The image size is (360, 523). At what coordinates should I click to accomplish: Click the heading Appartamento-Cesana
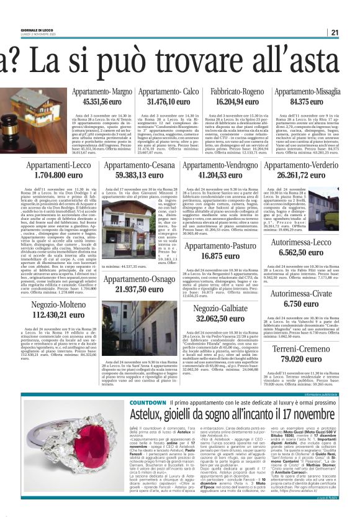140,166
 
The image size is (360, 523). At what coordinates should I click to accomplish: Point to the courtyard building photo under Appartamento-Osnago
140,330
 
